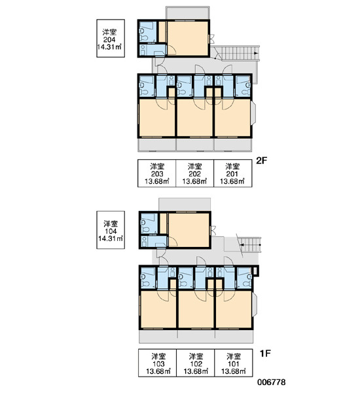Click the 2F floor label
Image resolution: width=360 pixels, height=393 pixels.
pyautogui.click(x=261, y=160)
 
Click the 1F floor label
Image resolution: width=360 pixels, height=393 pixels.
pyautogui.click(x=265, y=354)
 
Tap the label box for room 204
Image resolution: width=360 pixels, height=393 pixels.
pyautogui.click(x=111, y=39)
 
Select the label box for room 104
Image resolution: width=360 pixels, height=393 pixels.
pyautogui.click(x=111, y=230)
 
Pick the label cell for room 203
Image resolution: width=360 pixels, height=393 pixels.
pyautogui.click(x=157, y=173)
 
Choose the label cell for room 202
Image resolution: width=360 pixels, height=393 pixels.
pyautogui.click(x=194, y=173)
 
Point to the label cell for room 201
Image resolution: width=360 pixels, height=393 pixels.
pyautogui.click(x=233, y=173)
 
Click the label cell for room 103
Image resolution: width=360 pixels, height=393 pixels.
pyautogui.click(x=158, y=363)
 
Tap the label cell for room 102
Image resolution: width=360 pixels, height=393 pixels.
pyautogui.click(x=196, y=363)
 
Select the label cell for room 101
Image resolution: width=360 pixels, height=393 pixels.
pyautogui.click(x=233, y=363)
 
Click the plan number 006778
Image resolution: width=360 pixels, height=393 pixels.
pyautogui.click(x=272, y=383)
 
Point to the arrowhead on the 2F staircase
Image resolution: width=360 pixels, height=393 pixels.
pyautogui.click(x=256, y=53)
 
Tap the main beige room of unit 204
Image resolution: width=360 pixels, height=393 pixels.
pyautogui.click(x=188, y=38)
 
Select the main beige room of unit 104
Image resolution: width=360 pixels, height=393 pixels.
pyautogui.click(x=189, y=230)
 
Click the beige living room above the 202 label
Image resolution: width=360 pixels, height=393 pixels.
pyautogui.click(x=195, y=118)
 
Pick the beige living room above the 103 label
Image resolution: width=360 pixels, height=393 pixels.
pyautogui.click(x=158, y=309)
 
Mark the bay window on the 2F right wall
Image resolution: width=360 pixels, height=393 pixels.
pyautogui.click(x=253, y=113)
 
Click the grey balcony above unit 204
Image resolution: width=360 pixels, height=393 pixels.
pyautogui.click(x=187, y=13)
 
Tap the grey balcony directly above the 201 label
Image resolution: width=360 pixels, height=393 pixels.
pyautogui.click(x=233, y=145)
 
